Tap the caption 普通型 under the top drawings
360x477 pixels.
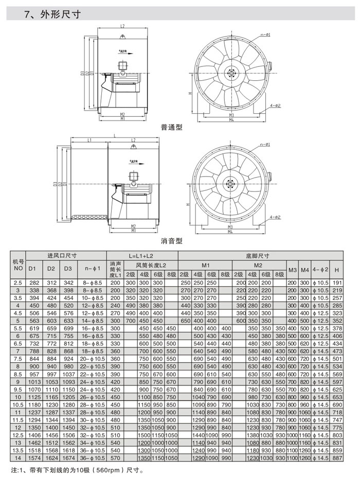[x=171, y=127]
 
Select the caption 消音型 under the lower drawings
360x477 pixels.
[x=171, y=240]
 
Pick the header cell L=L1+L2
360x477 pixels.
[x=142, y=256]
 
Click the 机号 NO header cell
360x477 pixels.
[x=19, y=265]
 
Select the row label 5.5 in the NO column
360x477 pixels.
[x=19, y=328]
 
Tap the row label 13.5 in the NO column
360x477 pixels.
[x=19, y=450]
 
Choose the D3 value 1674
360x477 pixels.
[x=68, y=458]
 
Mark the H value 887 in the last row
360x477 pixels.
[x=337, y=458]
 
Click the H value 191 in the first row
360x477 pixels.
[x=337, y=282]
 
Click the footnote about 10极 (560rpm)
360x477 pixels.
[x=77, y=470]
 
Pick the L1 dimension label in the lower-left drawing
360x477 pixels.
[x=89, y=140]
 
